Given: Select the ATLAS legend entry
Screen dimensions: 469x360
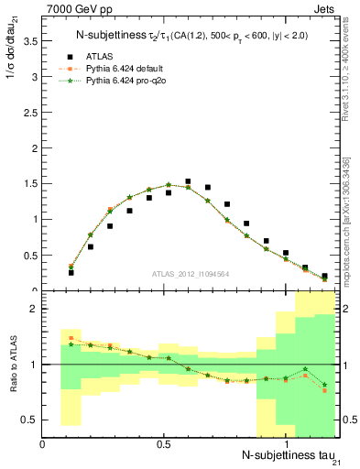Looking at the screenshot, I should point(108,56).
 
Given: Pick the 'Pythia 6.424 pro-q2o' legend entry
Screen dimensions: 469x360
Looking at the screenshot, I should point(133,82).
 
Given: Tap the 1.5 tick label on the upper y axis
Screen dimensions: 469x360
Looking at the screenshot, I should point(29,183).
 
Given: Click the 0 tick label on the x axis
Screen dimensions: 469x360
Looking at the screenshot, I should point(43,443).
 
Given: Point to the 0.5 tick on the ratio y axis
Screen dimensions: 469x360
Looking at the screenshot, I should point(29,420).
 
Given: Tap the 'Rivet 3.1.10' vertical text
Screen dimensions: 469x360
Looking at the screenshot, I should point(348,82).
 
